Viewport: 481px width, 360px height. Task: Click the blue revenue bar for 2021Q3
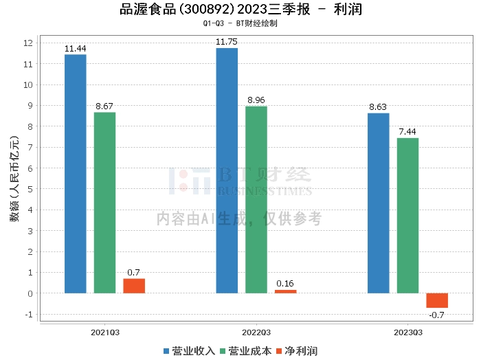(75, 174)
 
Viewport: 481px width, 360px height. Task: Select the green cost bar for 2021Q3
(104, 203)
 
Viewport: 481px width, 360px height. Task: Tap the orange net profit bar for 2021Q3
(134, 286)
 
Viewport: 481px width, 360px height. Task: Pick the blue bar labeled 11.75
(227, 170)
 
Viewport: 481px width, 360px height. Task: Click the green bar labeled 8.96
(256, 200)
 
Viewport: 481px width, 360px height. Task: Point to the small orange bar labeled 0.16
(286, 291)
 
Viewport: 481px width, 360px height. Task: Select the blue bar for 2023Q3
(378, 203)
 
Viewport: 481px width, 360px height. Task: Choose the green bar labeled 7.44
(407, 216)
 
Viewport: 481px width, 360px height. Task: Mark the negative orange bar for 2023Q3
(437, 300)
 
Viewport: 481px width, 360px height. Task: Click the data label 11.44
(75, 49)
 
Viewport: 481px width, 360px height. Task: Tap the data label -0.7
(436, 315)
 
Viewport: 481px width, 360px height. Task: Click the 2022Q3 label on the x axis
(256, 333)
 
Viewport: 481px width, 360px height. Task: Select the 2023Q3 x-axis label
(407, 333)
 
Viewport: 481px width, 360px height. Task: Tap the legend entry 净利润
(297, 351)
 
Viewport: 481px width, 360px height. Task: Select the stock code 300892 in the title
(203, 10)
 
